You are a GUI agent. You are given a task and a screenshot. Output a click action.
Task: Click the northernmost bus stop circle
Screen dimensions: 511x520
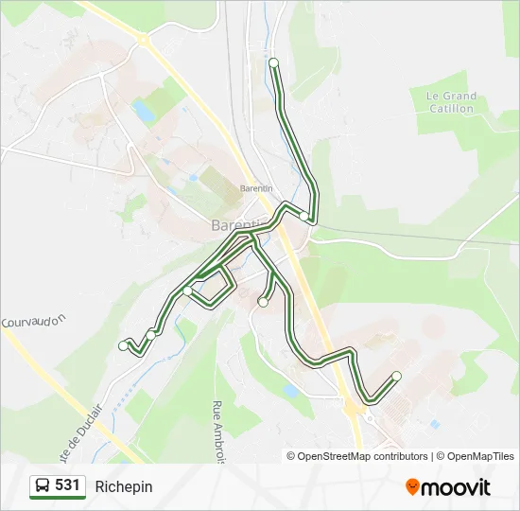tap(273, 62)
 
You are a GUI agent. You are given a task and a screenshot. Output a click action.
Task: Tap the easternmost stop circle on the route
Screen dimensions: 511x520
tap(396, 377)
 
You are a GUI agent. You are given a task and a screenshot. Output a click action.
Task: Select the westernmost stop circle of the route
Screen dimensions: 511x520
tap(123, 346)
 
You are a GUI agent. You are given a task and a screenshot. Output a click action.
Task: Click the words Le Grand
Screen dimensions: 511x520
tap(451, 97)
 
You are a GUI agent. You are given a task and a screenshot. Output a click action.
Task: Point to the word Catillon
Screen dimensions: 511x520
tap(451, 109)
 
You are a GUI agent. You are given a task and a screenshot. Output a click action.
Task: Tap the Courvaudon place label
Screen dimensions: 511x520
tap(35, 322)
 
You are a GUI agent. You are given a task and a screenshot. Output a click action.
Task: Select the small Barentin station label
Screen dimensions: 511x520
tap(256, 188)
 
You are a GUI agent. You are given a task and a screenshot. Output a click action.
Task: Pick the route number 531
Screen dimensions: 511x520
tap(67, 485)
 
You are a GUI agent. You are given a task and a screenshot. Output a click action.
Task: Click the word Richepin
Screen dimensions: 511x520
tap(123, 486)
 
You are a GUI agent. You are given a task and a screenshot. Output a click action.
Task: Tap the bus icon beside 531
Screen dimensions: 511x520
tap(43, 486)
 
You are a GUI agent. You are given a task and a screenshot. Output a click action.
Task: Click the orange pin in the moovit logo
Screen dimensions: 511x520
tap(412, 487)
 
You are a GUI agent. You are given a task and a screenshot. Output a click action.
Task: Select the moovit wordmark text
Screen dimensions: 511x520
tap(456, 487)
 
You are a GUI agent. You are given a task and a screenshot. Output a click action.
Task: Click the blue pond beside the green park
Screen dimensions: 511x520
tap(145, 113)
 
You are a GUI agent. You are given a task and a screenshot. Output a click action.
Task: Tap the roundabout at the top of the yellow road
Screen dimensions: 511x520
tap(143, 40)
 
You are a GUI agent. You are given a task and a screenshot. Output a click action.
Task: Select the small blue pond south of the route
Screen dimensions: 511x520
tap(291, 390)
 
